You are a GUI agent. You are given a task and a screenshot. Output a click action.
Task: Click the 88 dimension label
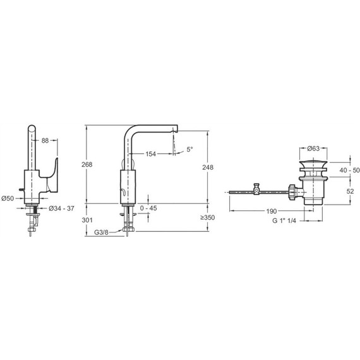point(45,140)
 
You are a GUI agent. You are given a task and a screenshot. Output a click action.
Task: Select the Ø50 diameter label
point(8,198)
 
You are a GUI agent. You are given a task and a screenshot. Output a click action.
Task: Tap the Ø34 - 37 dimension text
point(61,208)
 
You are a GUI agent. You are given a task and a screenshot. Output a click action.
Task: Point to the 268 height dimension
point(87,164)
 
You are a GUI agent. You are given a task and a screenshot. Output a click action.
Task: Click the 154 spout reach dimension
point(150,154)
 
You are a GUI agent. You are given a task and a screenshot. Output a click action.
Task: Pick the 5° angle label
point(189,150)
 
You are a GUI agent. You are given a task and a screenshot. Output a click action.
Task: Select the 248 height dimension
point(208,167)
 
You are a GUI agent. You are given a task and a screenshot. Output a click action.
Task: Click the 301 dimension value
point(87,220)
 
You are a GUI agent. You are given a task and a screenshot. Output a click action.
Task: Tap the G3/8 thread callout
point(101,232)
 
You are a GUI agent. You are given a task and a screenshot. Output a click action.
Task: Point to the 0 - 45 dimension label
point(148,208)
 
